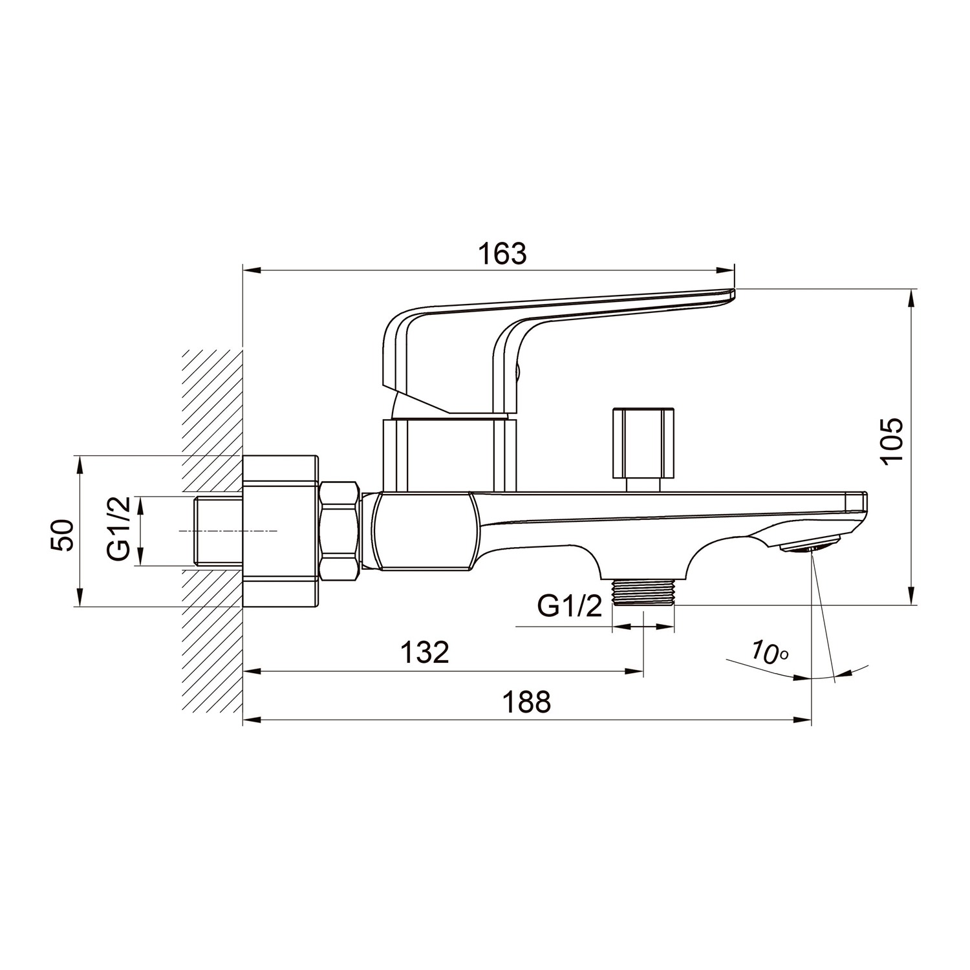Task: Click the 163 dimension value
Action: coord(502,253)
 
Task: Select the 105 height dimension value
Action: coord(892,440)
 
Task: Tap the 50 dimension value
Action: coord(63,535)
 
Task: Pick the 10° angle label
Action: coord(770,652)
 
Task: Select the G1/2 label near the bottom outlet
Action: coord(570,606)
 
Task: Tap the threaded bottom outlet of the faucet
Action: coord(643,591)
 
